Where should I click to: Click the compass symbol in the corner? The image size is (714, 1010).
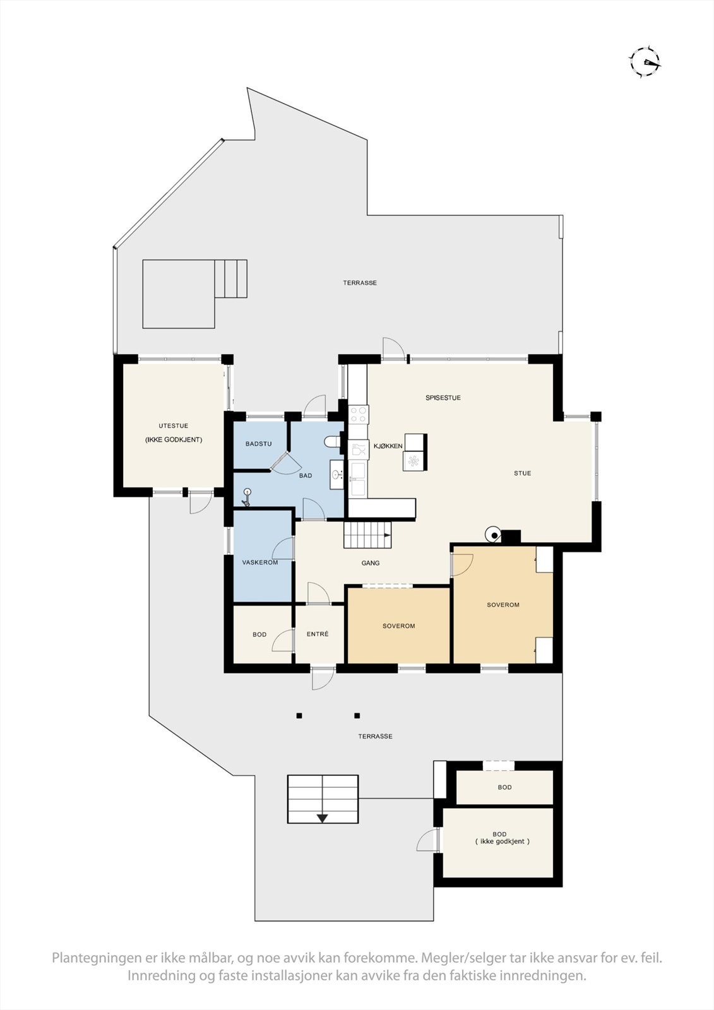tap(645, 62)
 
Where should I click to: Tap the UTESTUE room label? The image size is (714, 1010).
tap(174, 426)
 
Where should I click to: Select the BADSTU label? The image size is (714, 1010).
tap(258, 444)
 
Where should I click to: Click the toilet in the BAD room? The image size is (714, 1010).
tap(333, 442)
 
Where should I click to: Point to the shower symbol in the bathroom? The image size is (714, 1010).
tap(247, 497)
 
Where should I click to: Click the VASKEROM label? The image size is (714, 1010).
tap(260, 562)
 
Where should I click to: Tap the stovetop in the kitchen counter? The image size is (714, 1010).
tap(359, 414)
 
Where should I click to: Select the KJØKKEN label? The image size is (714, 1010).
tap(388, 446)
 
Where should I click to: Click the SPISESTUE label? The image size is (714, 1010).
tap(443, 398)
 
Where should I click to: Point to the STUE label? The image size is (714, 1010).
tap(522, 473)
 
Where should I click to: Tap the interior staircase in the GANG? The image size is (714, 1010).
tap(367, 535)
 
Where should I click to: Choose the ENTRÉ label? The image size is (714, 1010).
tap(318, 634)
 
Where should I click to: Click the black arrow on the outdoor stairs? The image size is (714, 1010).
tap(323, 818)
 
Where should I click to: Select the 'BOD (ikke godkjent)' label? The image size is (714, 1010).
tap(502, 838)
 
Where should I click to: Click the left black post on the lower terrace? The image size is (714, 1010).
tap(299, 716)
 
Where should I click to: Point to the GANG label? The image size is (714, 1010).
tap(371, 563)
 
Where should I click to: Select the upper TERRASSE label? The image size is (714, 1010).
tap(360, 283)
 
